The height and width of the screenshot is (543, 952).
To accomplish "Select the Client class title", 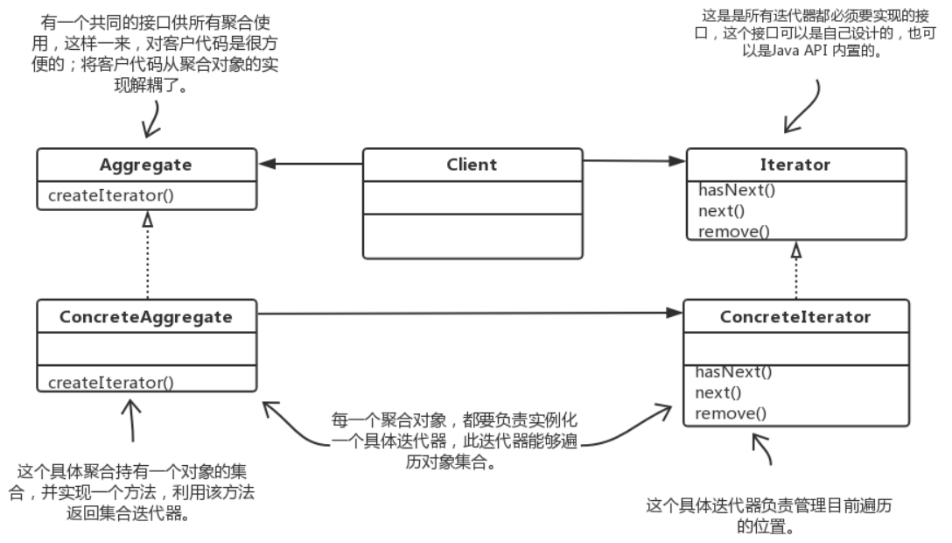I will (472, 164).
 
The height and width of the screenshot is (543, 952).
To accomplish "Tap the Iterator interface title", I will (795, 164).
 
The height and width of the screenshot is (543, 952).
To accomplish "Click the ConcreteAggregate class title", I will (146, 316).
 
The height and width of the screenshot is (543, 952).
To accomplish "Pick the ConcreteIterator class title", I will (795, 317).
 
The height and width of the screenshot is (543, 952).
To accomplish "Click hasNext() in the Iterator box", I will (734, 189).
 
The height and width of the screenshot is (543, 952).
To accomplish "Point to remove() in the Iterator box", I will (732, 231).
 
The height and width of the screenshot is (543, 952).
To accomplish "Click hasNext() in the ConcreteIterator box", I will (734, 372).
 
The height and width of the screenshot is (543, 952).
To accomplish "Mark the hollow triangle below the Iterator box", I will (794, 250).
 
